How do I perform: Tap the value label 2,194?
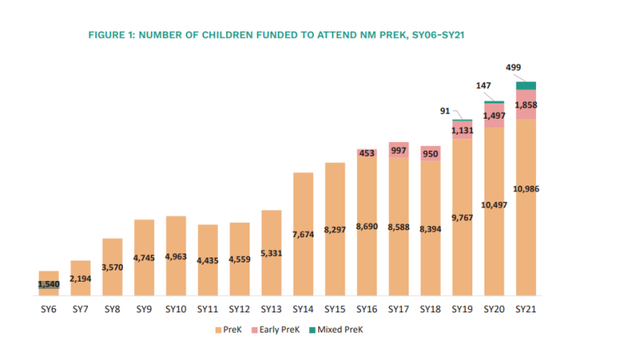pyautogui.click(x=80, y=278)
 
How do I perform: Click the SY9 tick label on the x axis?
pyautogui.click(x=145, y=309)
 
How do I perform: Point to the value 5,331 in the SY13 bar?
pyautogui.click(x=271, y=253)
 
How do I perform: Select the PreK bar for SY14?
pyautogui.click(x=304, y=234)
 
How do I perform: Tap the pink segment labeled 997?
pyautogui.click(x=399, y=149)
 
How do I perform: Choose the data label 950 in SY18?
pyautogui.click(x=430, y=153)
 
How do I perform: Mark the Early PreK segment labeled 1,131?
pyautogui.click(x=463, y=130)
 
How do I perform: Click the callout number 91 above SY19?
pyautogui.click(x=445, y=111)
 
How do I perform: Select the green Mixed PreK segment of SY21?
pyautogui.click(x=526, y=86)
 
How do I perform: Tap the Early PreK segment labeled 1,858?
pyautogui.click(x=526, y=105)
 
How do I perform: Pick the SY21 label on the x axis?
pyautogui.click(x=526, y=309)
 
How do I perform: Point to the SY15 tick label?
pyautogui.click(x=335, y=309)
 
